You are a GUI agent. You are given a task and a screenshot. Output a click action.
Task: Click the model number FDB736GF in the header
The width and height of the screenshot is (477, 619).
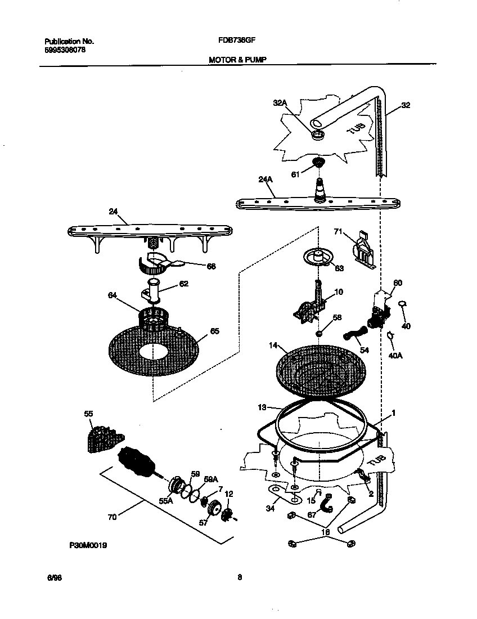coord(233,41)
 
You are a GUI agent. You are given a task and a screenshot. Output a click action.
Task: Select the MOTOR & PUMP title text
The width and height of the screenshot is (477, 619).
coord(233,59)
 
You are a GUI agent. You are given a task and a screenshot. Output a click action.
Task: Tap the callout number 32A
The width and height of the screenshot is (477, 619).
coord(280,103)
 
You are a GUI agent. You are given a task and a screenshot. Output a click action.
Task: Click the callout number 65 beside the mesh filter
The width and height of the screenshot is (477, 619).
coord(214,331)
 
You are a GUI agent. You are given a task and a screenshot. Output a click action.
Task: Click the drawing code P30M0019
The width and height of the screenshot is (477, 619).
coord(88,545)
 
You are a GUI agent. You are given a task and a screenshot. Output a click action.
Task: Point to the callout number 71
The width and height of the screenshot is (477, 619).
coord(339,231)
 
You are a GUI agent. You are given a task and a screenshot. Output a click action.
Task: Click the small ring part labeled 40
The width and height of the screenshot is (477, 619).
coord(403,304)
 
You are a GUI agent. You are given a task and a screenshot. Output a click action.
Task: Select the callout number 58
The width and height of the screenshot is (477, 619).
coord(337,318)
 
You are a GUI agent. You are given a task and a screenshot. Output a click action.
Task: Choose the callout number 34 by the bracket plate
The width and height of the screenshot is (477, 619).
coord(269,509)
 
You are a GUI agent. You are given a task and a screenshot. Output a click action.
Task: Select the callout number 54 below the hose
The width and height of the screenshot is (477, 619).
coord(365,350)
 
